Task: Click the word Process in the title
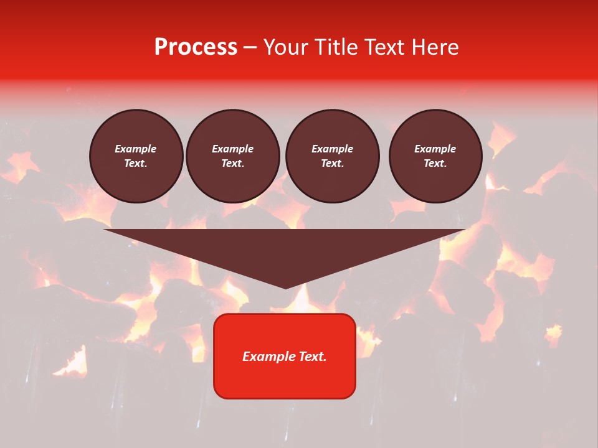[196, 47]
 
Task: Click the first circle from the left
[136, 156]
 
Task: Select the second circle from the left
[233, 156]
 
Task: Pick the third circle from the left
[333, 156]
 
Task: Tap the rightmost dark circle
[435, 156]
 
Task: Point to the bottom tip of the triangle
[285, 287]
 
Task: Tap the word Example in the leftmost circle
[136, 149]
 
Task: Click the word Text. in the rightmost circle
[435, 164]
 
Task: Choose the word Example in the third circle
[333, 149]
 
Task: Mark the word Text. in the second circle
[233, 164]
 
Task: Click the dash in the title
[250, 47]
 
